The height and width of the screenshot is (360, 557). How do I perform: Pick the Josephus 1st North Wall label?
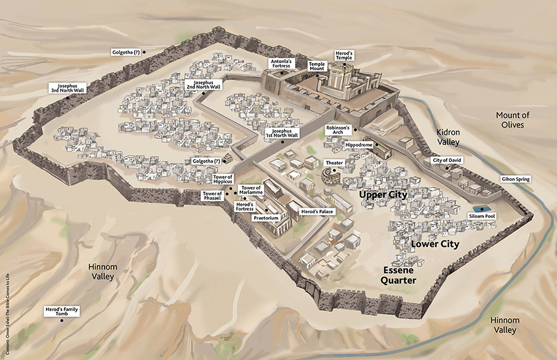pyautogui.click(x=281, y=133)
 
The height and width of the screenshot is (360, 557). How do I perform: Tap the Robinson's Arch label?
pyautogui.click(x=337, y=131)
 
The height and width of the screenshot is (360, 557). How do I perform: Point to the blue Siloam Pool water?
pyautogui.click(x=482, y=208)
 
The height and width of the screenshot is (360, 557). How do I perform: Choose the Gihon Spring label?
pyautogui.click(x=516, y=180)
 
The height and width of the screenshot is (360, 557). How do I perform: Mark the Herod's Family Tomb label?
pyautogui.click(x=62, y=312)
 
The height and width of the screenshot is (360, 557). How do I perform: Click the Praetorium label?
pyautogui.click(x=266, y=218)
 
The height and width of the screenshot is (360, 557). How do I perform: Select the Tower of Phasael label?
pyautogui.click(x=211, y=196)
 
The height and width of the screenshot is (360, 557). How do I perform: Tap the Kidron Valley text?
pyautogui.click(x=452, y=137)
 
